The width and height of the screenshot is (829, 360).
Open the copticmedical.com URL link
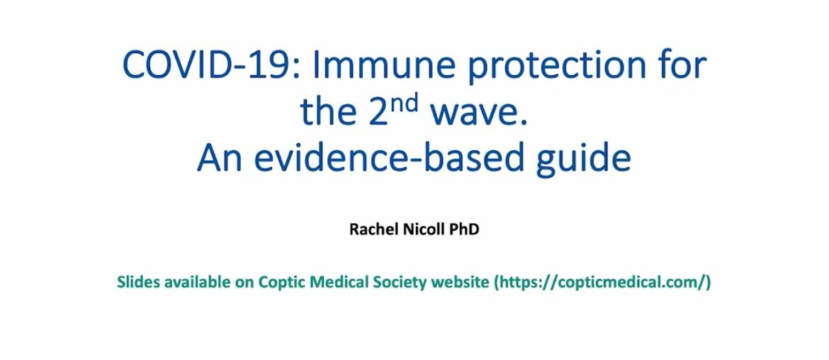602,282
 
